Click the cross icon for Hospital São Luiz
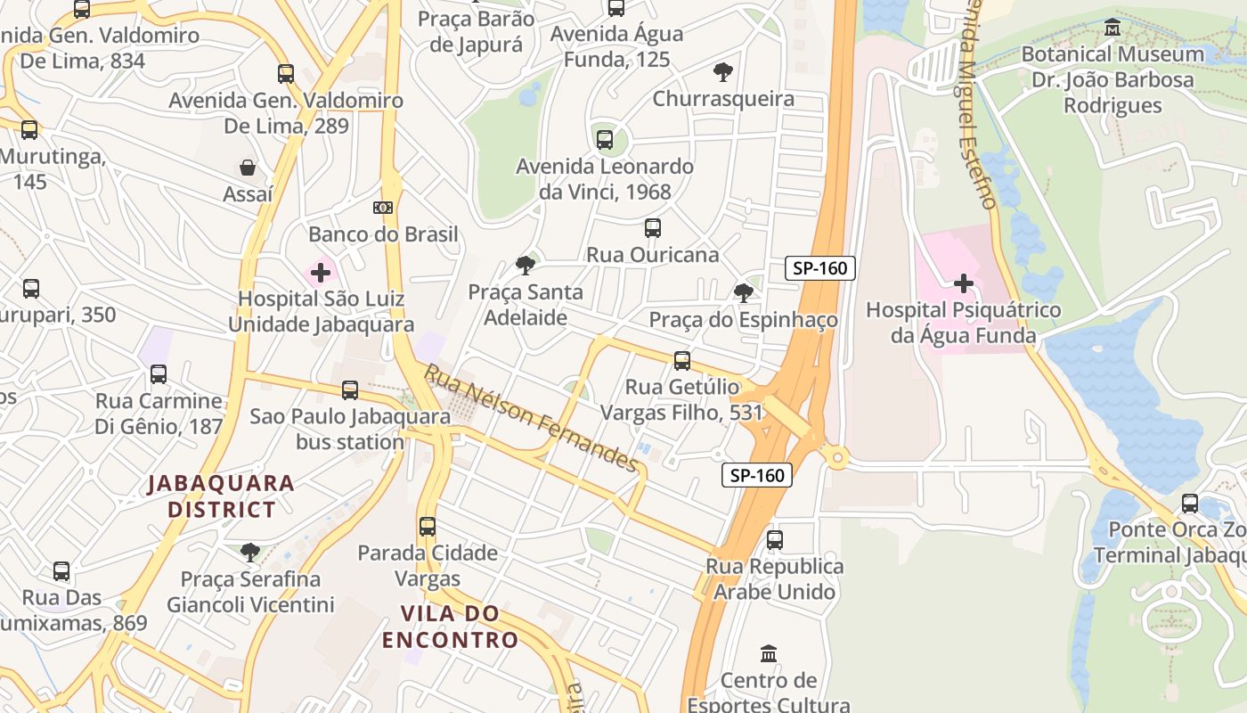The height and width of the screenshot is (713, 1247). (321, 272)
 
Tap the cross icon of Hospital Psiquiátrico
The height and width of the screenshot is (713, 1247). (963, 283)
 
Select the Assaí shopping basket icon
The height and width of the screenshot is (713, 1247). (248, 168)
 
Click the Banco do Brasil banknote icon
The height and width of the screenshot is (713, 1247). (383, 208)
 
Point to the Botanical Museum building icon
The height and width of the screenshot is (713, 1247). (1113, 28)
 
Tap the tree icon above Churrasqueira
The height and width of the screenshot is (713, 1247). (723, 71)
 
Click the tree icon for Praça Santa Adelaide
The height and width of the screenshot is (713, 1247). (526, 265)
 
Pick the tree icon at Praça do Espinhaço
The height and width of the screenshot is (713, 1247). (743, 292)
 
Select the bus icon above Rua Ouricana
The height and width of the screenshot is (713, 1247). (653, 228)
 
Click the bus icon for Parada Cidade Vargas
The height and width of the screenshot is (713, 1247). (428, 526)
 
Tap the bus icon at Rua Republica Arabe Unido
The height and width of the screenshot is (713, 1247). (775, 539)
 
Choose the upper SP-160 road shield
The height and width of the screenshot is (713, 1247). (820, 268)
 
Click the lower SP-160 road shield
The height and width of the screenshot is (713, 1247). (757, 475)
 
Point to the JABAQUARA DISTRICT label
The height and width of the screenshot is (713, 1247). (221, 496)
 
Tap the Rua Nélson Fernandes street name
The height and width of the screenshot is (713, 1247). (532, 418)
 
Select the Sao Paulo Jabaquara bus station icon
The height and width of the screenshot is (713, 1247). (350, 390)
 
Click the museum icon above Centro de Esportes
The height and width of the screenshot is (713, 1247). (769, 654)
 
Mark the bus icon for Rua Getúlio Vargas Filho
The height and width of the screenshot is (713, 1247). (682, 360)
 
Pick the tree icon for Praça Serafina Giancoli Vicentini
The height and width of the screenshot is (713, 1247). (250, 553)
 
